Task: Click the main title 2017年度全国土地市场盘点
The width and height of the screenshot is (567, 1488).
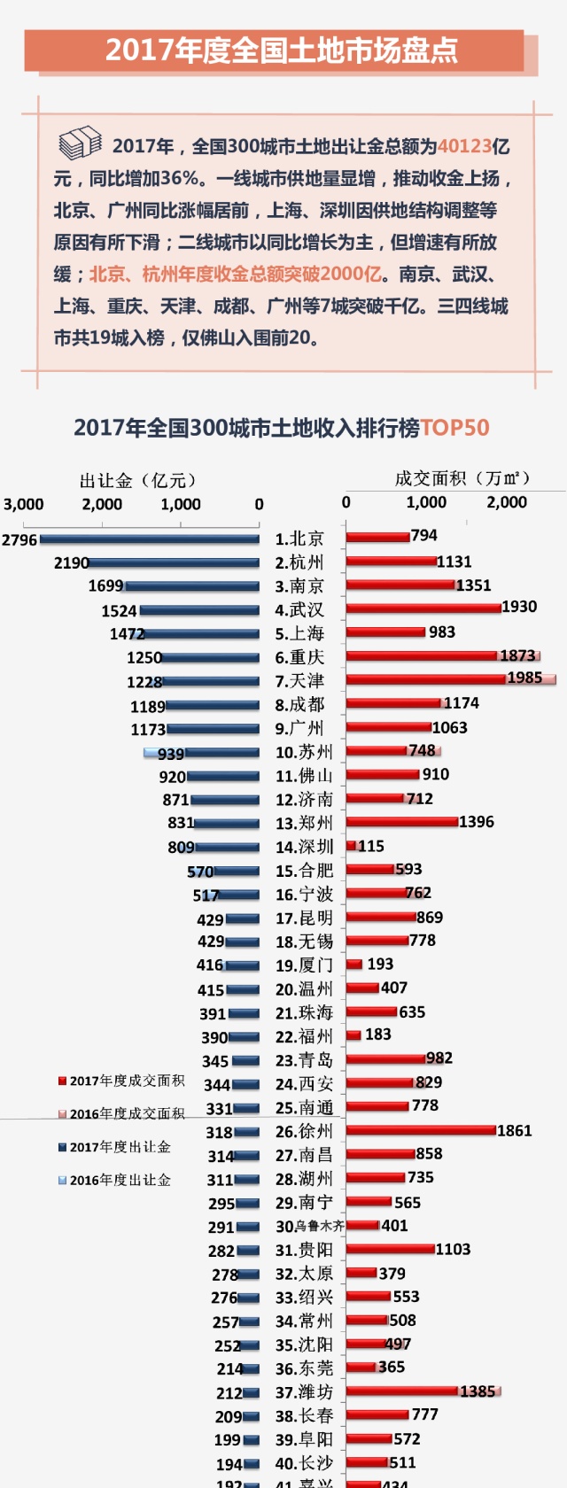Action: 282,50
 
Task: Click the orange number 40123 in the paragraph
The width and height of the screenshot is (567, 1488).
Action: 464,146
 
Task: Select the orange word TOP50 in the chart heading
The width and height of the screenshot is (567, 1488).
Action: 454,428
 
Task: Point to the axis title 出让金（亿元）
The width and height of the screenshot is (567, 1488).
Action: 138,480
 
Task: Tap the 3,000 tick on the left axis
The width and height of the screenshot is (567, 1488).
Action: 24,504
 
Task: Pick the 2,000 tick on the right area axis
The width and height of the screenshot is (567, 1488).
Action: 507,502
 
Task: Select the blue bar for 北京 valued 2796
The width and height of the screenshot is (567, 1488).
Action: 150,539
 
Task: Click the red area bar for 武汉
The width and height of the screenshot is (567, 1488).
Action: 423,608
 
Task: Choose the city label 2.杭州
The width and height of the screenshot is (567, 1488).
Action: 299,562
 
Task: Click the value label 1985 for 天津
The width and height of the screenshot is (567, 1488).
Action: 524,678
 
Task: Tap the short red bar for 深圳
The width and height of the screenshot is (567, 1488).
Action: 351,846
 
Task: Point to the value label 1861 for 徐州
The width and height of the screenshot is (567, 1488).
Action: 514,1131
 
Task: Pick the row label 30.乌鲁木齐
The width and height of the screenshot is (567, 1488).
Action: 309,1226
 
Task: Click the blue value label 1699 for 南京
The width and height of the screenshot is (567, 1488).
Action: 106,586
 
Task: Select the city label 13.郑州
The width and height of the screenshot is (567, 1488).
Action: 304,823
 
